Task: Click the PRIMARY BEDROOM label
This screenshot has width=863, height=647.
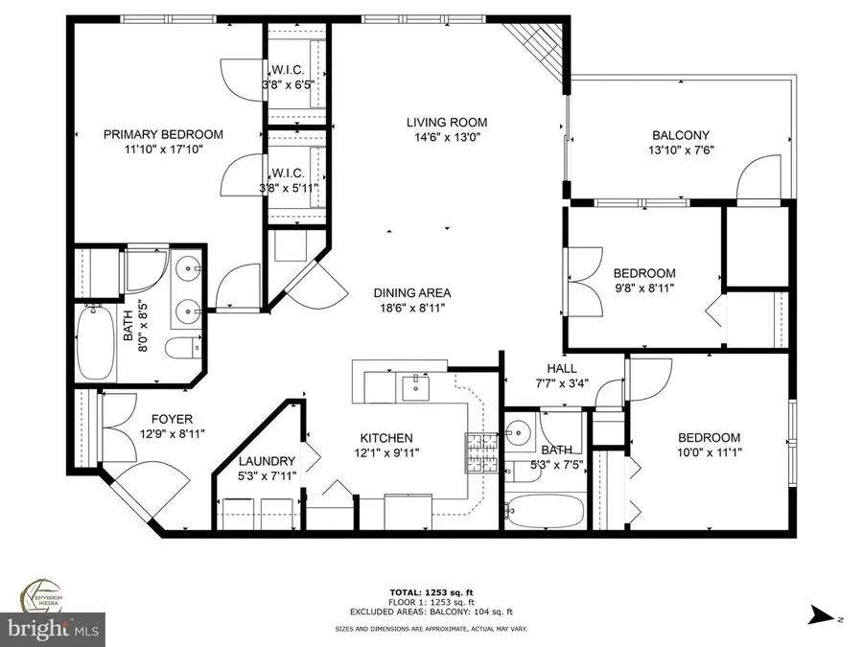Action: click(x=163, y=134)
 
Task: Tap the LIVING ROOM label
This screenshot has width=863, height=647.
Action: click(x=447, y=122)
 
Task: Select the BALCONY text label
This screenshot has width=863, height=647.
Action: click(x=681, y=135)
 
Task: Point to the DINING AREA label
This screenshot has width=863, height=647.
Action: click(x=412, y=293)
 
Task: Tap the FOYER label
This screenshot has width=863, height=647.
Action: click(x=173, y=419)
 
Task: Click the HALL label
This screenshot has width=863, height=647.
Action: click(x=561, y=368)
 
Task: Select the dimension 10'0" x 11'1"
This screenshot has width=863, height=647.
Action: click(x=710, y=451)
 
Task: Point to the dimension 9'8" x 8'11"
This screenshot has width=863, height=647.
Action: click(x=644, y=288)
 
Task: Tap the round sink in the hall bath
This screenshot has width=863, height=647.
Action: click(x=521, y=428)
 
